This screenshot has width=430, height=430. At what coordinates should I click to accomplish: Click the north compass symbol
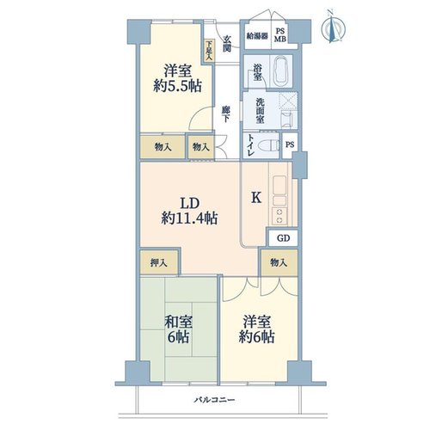333,28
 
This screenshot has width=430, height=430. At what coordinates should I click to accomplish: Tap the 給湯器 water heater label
257,36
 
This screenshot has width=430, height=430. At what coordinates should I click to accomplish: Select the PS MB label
280,35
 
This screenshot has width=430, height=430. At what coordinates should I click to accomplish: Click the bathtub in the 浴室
282,71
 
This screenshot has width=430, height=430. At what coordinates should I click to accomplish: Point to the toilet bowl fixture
269,145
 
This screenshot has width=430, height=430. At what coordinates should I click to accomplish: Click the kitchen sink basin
279,185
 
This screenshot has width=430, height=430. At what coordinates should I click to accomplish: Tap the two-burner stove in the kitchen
279,216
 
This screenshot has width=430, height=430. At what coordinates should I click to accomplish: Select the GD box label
283,238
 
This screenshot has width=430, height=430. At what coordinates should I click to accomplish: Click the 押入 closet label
159,263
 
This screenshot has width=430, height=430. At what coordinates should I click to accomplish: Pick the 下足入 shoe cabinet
210,51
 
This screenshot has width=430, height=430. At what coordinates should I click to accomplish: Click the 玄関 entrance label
227,44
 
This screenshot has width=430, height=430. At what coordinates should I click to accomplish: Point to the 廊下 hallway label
226,114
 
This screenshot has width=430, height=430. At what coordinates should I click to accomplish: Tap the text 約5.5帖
177,86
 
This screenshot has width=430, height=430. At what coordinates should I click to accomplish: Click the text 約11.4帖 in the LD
189,218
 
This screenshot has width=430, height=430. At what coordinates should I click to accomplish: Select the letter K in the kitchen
256,198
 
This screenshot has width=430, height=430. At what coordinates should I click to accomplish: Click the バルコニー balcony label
214,400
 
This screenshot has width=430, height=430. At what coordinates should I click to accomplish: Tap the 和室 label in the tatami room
178,322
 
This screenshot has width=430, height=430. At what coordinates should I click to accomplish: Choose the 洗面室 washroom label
260,111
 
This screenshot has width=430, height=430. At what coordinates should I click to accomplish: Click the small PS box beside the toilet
290,145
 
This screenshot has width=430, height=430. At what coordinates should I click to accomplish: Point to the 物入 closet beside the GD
279,262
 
